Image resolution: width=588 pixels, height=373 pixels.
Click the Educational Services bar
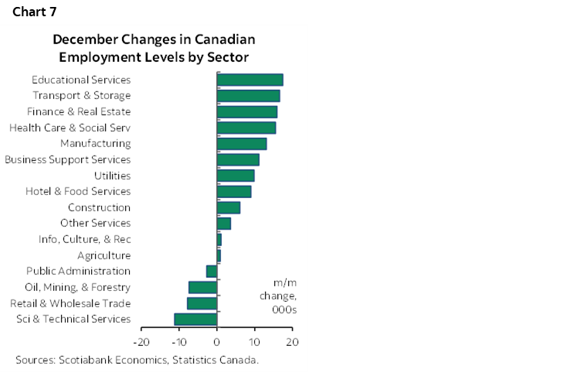point(250,80)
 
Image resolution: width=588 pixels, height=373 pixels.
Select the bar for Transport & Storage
point(248,96)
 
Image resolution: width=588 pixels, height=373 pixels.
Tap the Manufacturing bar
point(242,143)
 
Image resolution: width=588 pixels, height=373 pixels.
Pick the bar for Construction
point(229,207)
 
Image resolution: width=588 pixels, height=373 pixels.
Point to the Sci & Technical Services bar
point(196,319)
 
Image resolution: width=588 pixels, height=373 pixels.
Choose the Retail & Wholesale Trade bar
point(202,303)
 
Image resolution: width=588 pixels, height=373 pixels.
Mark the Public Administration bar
point(212,271)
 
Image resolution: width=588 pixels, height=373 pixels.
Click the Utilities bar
point(236,176)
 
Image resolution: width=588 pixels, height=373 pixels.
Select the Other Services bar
point(224,224)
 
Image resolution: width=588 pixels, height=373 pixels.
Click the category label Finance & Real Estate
point(79,111)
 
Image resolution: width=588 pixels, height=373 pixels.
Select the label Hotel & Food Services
point(78,191)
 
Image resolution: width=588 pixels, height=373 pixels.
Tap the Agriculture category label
point(104,255)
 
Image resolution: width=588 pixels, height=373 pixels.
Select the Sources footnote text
point(137,360)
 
